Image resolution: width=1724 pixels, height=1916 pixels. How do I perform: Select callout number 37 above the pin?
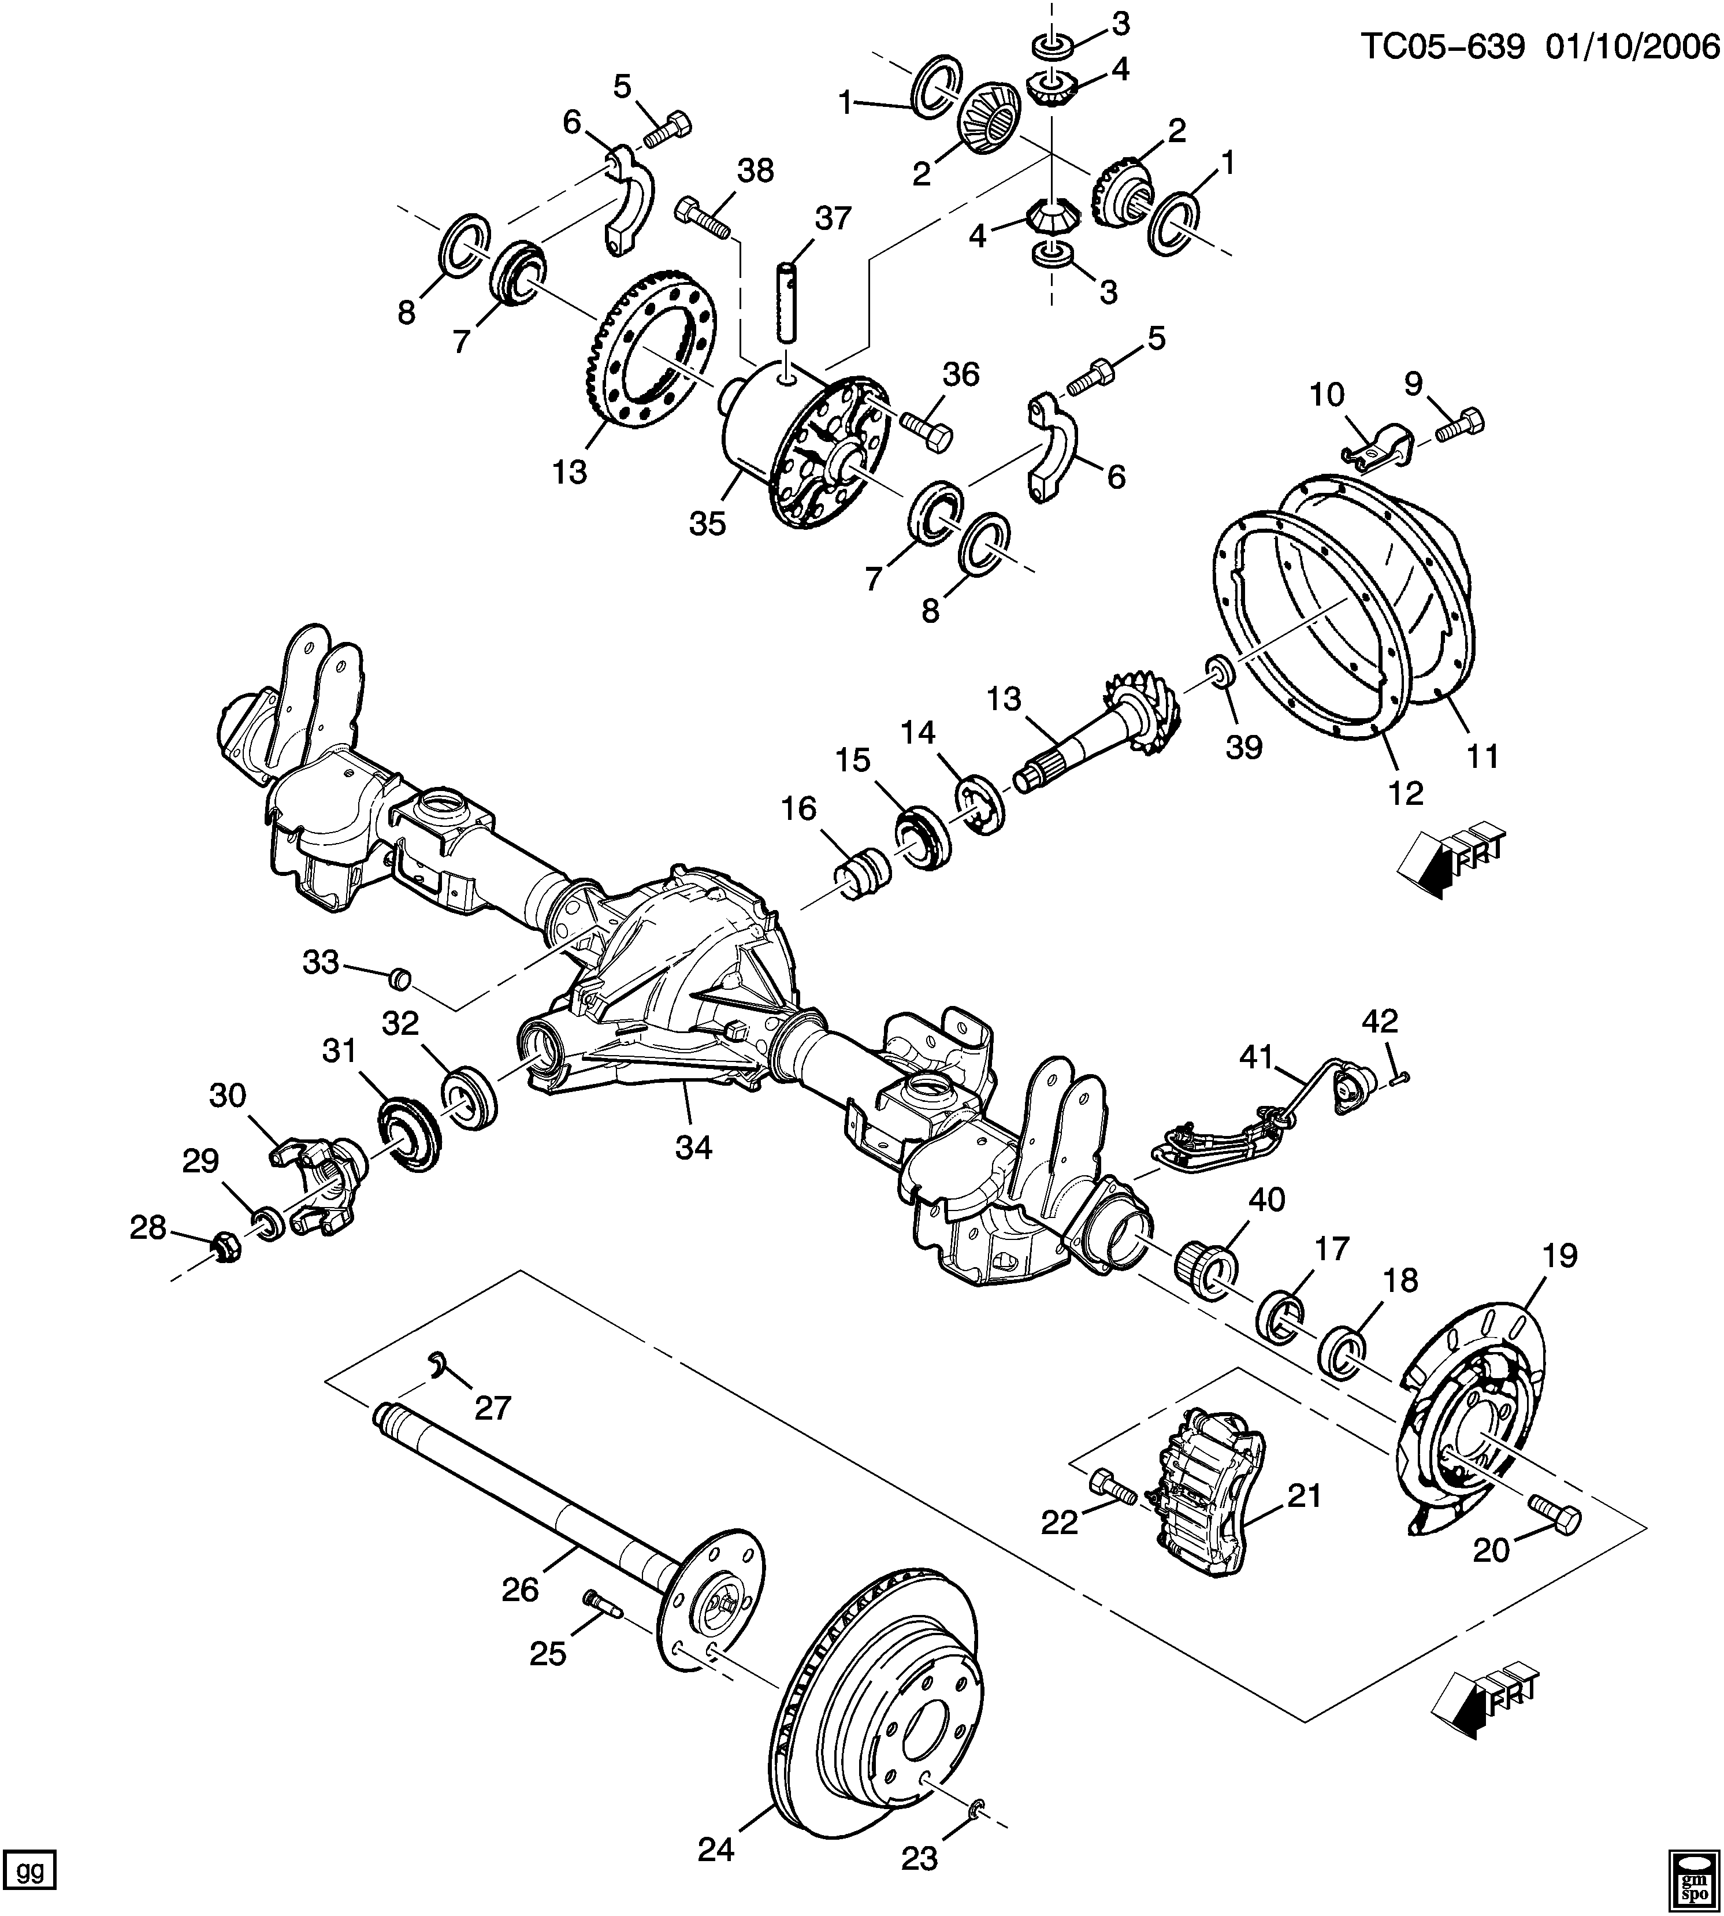point(834,219)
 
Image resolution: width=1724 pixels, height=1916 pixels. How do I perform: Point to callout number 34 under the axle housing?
point(693,1147)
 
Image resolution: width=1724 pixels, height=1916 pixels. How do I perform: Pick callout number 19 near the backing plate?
point(1560,1256)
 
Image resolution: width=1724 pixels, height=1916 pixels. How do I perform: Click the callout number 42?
point(1380,1021)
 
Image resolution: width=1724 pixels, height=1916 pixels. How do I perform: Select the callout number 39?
point(1244,747)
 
